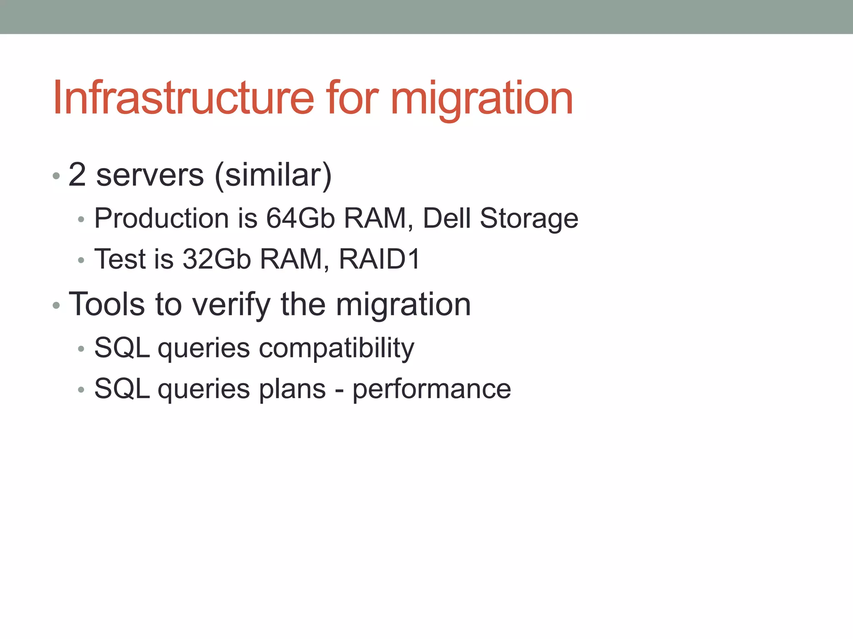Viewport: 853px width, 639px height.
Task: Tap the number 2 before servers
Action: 77,175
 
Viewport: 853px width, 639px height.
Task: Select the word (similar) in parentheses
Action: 273,176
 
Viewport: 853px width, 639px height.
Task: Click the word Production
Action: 162,218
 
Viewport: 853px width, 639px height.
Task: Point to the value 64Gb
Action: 300,218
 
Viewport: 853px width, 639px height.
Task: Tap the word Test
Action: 120,259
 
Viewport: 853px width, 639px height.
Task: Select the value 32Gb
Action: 217,259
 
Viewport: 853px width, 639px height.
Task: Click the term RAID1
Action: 379,259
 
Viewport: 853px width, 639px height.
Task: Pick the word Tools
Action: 107,305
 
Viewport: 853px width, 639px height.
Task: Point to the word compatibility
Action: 337,348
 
